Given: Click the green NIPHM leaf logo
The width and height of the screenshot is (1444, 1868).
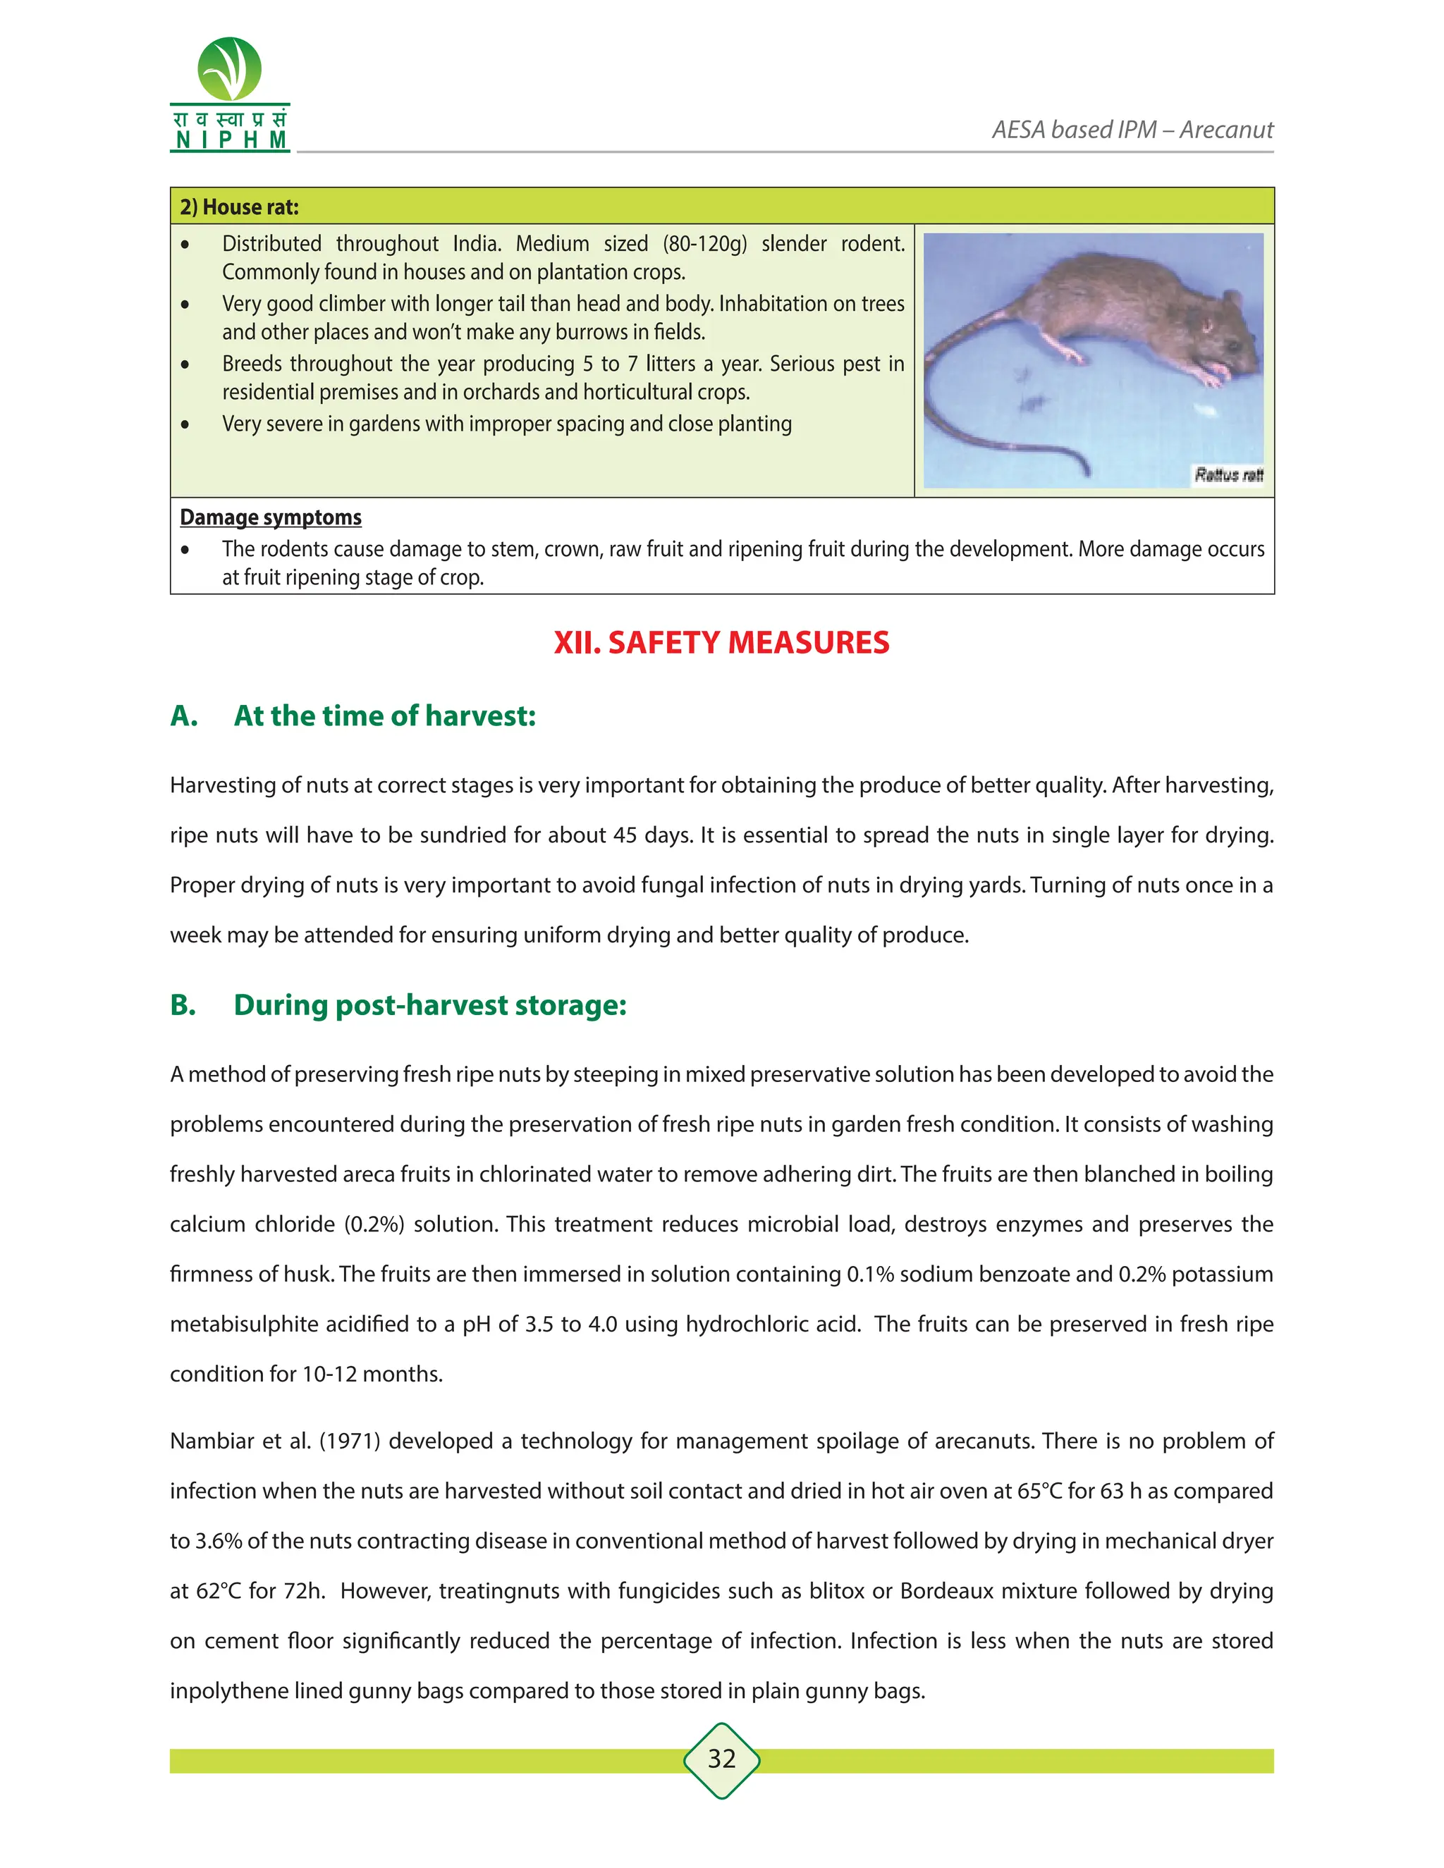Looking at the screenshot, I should [229, 69].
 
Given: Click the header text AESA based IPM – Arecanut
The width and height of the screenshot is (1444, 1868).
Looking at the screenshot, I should [1132, 130].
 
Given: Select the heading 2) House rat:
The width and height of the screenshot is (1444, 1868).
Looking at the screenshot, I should [239, 207].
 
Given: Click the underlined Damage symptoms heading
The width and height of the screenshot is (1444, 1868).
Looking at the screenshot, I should [270, 517].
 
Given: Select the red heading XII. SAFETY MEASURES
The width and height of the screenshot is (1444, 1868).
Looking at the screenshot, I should [721, 642].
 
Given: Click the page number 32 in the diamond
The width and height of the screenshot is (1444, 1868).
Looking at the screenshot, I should [721, 1759].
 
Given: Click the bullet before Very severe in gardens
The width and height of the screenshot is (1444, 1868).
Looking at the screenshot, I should [185, 424].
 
